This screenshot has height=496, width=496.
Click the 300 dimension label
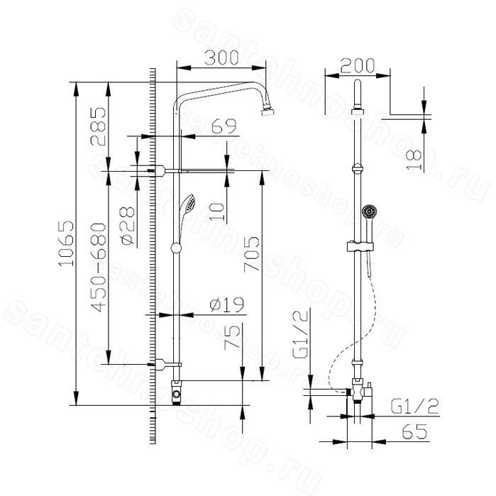coord(221,58)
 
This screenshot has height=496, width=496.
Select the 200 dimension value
coord(358,65)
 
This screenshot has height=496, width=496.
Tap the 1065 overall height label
coord(67,243)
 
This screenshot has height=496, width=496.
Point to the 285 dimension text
coord(98,126)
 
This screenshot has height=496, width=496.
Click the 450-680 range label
coord(98,268)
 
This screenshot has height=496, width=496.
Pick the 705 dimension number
coord(251,254)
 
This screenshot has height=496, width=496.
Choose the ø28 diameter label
coord(127,226)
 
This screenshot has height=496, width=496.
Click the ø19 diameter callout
coord(227,304)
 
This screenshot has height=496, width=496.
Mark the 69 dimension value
coord(224,126)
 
